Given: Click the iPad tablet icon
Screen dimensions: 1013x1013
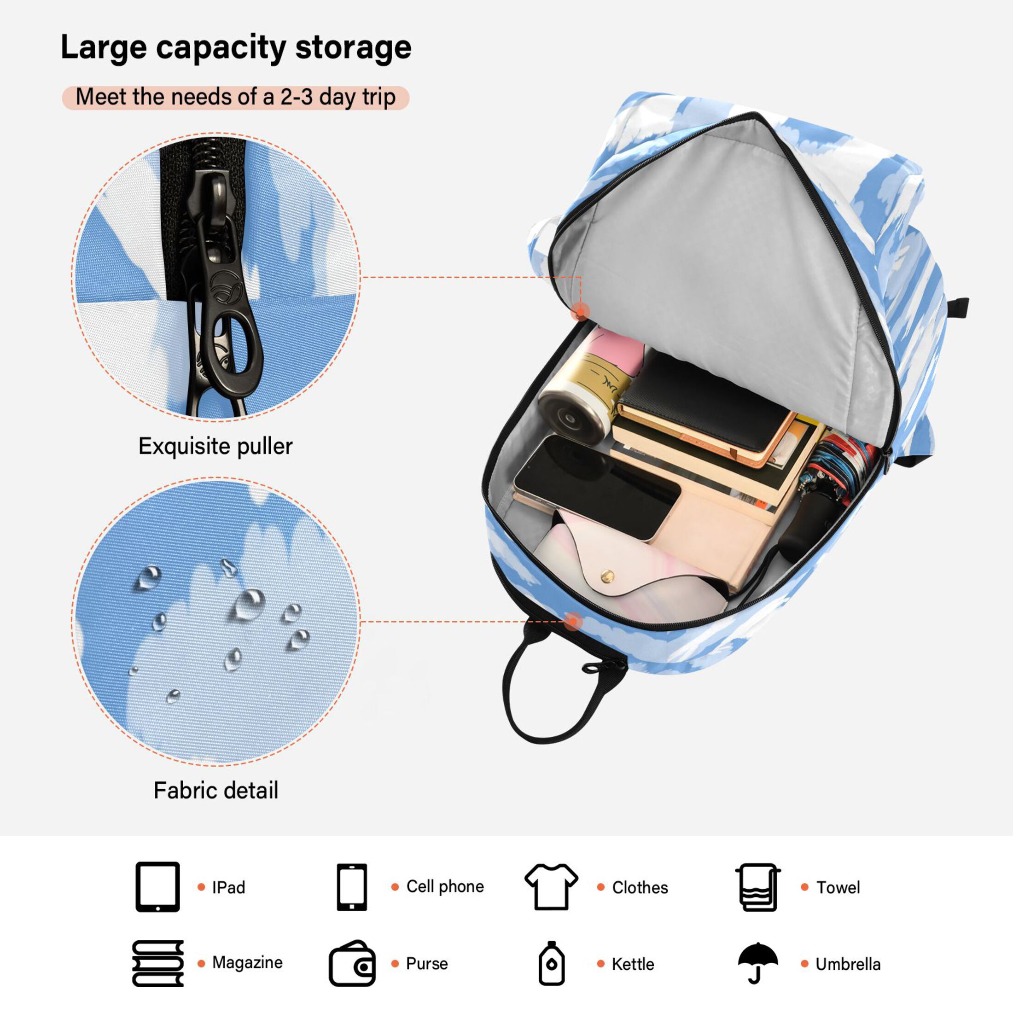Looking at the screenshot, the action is (157, 887).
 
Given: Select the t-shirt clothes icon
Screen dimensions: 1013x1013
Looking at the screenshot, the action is (551, 886).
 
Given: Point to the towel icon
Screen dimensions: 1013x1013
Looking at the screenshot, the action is (757, 887).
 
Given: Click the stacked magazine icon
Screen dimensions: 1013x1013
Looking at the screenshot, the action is (158, 964).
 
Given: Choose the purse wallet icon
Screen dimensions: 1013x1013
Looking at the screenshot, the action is (352, 963).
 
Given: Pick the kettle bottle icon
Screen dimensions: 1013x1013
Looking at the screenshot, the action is (551, 963).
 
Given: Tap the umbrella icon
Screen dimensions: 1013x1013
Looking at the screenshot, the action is (757, 963).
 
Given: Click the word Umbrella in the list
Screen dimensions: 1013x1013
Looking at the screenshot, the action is (848, 964).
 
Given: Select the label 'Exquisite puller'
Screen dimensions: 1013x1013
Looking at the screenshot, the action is (215, 446).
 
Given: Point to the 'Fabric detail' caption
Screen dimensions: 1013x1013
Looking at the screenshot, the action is (215, 790).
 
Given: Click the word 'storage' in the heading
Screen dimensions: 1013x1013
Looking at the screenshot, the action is (353, 48).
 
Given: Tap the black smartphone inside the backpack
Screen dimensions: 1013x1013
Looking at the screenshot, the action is (596, 488).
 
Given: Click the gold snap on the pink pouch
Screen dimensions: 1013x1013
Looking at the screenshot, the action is (608, 576).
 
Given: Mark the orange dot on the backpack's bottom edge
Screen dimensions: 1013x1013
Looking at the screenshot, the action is (574, 622).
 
